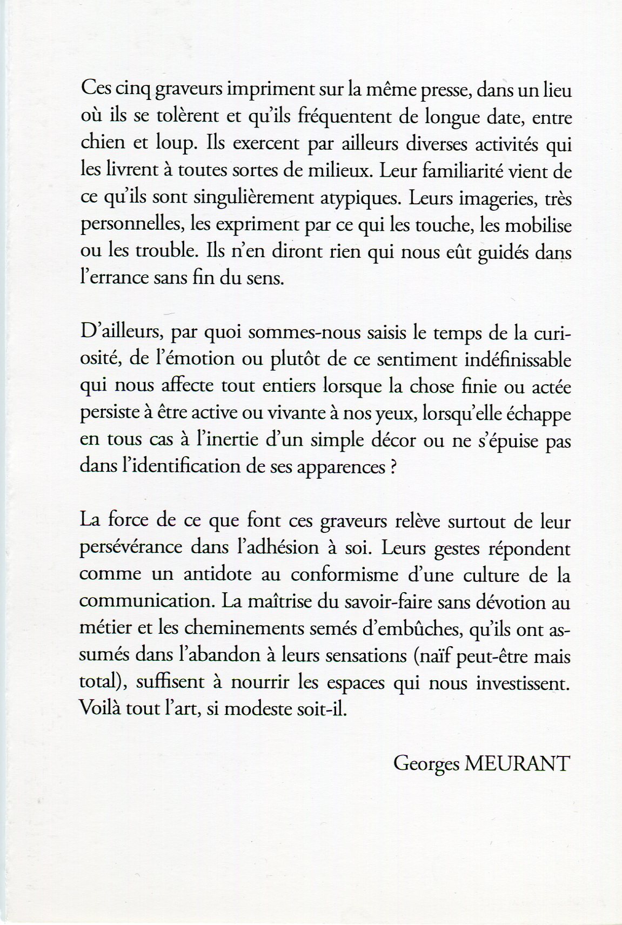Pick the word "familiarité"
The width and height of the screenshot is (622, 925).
tap(469, 171)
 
